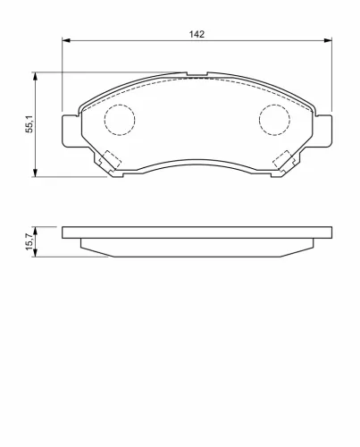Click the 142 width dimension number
pos(197,34)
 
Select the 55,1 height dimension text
pos(29,124)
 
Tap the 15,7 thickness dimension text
pos(29,241)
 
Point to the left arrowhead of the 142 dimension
pos(65,40)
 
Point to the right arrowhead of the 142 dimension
pos(328,40)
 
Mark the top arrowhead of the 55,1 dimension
pos(36,76)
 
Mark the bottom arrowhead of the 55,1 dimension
pos(36,173)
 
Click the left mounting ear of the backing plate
pos(71,131)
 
